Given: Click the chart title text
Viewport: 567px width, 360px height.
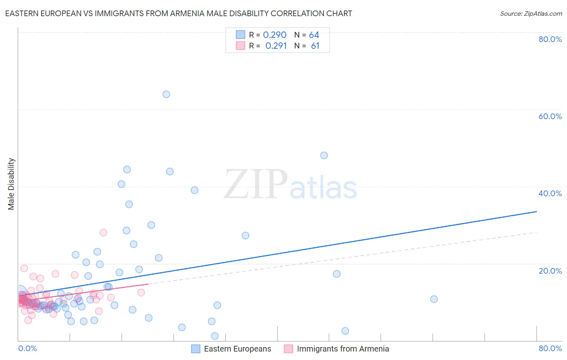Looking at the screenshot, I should pos(178,13).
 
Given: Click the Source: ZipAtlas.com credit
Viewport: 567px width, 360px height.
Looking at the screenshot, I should pos(531,13).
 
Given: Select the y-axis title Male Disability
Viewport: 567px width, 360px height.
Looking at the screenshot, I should pos(11,184).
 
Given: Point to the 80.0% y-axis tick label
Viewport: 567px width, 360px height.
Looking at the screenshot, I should pos(550,39).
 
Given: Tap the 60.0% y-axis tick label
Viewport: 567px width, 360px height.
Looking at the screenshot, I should pos(550,116).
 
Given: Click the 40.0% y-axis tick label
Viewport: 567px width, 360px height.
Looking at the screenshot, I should pos(550,193).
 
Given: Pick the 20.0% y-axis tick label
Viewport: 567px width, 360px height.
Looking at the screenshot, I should pos(550,271).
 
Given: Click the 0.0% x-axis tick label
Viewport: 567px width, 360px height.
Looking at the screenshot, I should pos(27,348).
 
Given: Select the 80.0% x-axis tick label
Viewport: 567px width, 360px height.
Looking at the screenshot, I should pos(550,348).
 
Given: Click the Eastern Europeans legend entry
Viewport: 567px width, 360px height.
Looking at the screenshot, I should pos(237,349).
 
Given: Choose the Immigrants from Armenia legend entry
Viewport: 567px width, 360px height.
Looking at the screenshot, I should pos(343,349).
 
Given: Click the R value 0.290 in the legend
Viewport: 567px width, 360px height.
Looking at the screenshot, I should pos(275,35).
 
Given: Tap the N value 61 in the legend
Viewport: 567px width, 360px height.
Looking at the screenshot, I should pos(315,46).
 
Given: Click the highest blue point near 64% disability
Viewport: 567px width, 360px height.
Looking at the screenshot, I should pos(166,94).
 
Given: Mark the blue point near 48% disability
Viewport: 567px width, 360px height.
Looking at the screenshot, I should pos(324,155).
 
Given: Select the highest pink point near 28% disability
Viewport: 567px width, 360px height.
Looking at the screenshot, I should pos(103,232).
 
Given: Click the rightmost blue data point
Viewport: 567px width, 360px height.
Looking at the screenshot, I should pos(434,299).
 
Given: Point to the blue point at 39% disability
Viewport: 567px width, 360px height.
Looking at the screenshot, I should pos(194,190).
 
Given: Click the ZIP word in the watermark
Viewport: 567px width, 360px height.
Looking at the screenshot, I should pos(256,184).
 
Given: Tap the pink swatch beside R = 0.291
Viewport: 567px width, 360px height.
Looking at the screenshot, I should pos(241,46).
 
